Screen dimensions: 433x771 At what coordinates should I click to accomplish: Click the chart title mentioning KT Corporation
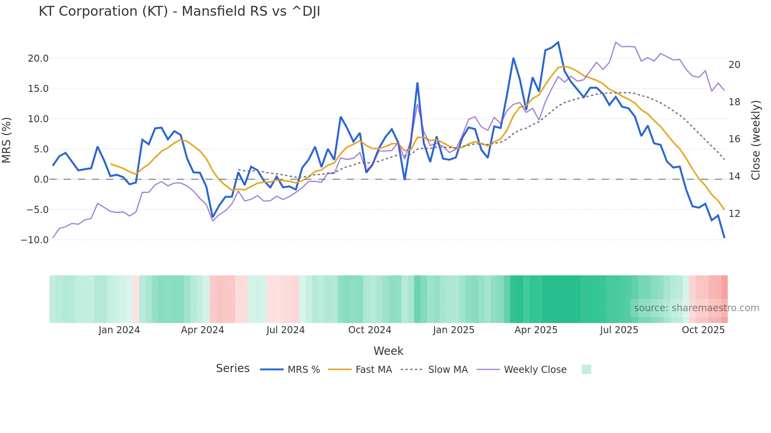point(179,11)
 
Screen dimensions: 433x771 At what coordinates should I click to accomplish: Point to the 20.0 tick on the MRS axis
point(38,59)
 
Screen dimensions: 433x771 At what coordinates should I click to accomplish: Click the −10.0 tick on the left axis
point(35,240)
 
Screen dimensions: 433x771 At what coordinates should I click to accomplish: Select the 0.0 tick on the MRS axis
point(41,180)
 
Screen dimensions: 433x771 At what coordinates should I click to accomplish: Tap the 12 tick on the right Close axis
point(734,214)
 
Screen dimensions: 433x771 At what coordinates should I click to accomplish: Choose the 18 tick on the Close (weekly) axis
point(734,102)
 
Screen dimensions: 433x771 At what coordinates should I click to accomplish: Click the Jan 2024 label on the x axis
point(119,330)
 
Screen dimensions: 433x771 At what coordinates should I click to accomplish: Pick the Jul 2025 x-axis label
point(619,330)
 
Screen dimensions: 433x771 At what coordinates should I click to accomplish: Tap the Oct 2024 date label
point(369,330)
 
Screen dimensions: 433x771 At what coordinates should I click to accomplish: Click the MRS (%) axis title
point(7,140)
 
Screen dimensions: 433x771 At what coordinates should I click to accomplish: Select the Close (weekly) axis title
point(756,140)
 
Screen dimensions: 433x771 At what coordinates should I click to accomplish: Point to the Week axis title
point(388,351)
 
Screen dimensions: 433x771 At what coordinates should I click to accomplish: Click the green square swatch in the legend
point(586,369)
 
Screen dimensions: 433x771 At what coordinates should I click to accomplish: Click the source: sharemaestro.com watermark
point(696,308)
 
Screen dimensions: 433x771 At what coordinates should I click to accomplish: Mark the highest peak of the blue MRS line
point(558,42)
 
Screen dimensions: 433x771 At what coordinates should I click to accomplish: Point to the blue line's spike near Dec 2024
point(417,83)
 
